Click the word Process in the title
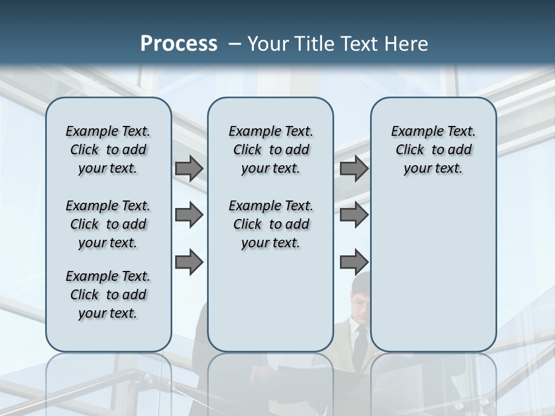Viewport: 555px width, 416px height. pyautogui.click(x=179, y=44)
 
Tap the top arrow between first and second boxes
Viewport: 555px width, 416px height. pyautogui.click(x=189, y=168)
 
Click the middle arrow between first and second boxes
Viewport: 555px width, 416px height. pyautogui.click(x=189, y=215)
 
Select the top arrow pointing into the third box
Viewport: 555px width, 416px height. pyautogui.click(x=354, y=168)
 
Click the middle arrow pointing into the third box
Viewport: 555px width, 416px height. pyautogui.click(x=354, y=215)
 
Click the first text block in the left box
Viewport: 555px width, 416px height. pyautogui.click(x=108, y=150)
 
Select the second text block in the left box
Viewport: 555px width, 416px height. pyautogui.click(x=108, y=224)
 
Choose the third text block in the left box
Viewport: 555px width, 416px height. pyautogui.click(x=108, y=295)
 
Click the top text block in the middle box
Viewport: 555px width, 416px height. pyautogui.click(x=271, y=150)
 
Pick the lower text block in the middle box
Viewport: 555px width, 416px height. pyautogui.click(x=271, y=224)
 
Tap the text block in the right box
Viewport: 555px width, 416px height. pyautogui.click(x=433, y=150)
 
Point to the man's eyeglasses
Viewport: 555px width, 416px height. pyautogui.click(x=358, y=301)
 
